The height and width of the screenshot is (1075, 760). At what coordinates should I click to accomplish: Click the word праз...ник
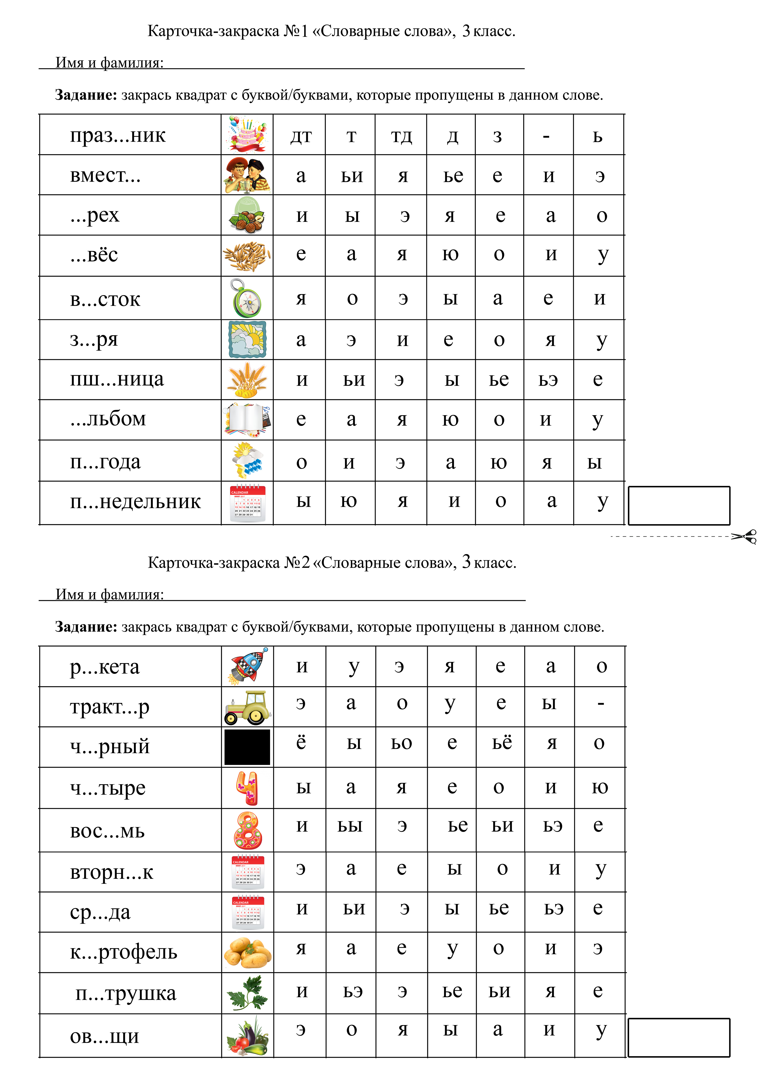pyautogui.click(x=118, y=135)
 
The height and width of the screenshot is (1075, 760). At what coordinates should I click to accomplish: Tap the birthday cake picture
pyautogui.click(x=247, y=134)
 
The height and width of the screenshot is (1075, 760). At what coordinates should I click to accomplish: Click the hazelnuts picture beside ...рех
pyautogui.click(x=247, y=215)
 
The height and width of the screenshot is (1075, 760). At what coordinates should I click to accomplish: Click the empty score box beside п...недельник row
pyautogui.click(x=679, y=506)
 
